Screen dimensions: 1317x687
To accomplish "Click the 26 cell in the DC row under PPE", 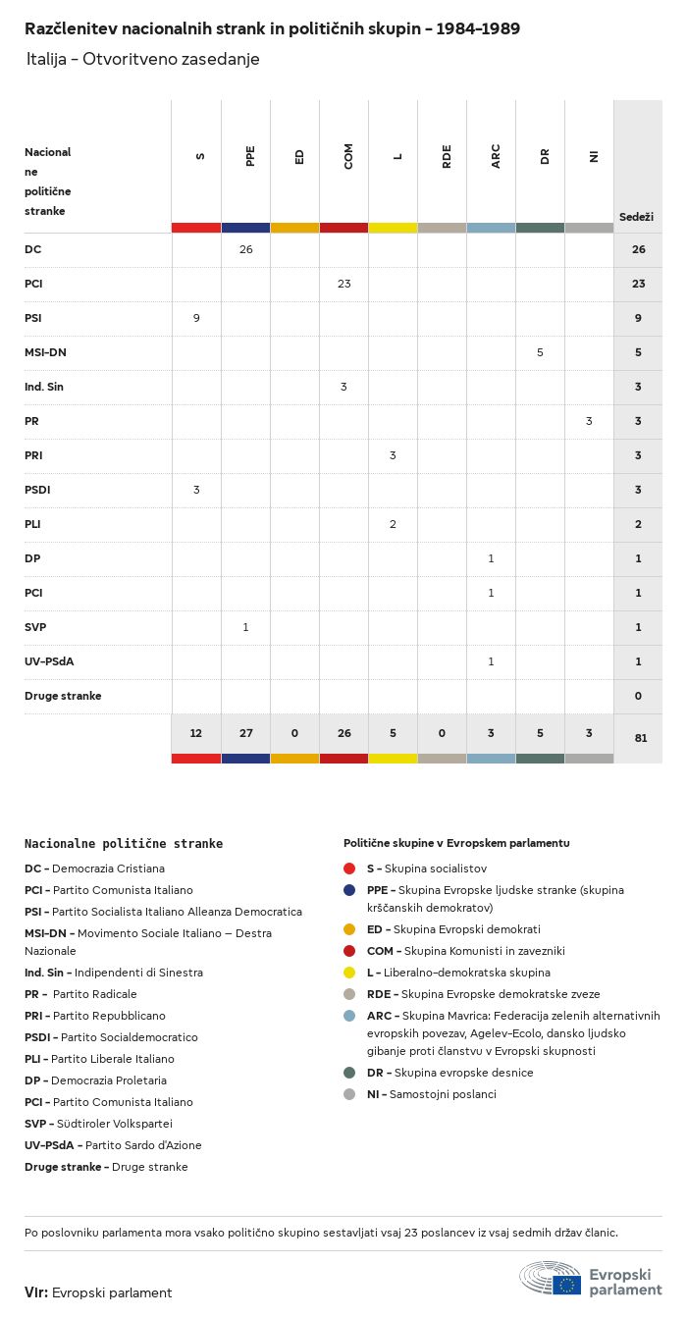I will coord(245,249).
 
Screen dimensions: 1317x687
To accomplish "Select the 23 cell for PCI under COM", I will coord(343,284).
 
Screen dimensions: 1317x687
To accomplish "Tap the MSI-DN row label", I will coord(45,352).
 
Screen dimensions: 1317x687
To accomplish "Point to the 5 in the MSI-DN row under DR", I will coord(540,352).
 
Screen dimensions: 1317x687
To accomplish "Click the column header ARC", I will coord(496,156).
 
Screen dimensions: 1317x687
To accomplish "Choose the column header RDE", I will coord(447,156).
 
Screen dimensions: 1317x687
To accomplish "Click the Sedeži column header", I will coord(636,216).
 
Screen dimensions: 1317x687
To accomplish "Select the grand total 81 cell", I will coord(640,737).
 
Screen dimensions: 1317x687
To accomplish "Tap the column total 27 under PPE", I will coord(245,733).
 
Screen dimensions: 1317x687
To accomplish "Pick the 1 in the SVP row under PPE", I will coord(245,627).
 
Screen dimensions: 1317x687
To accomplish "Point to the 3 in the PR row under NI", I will coord(589,421).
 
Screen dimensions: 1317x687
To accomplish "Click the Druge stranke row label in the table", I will coord(63,696).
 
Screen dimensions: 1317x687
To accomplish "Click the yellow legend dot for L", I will coord(349,973).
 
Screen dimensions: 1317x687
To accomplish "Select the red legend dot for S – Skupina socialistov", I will coord(349,869).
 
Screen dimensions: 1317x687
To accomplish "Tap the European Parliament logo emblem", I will coord(551,1280).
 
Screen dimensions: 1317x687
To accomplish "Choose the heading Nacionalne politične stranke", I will coord(124,843).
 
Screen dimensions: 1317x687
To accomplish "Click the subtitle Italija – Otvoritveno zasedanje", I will coord(143,59).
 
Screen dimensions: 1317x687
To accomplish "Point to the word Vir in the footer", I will coord(35,1292).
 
